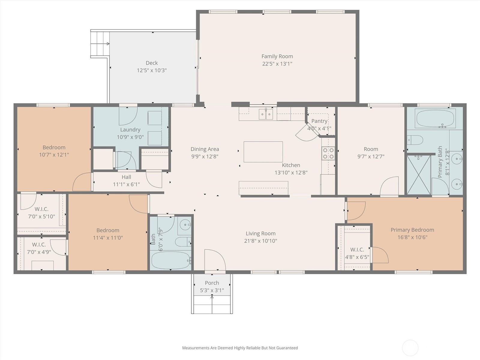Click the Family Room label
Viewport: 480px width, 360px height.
277,56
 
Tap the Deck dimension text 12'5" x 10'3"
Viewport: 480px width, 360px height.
152,70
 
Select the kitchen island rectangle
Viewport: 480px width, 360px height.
263,152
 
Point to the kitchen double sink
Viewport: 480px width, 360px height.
266,114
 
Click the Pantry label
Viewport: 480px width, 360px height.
319,121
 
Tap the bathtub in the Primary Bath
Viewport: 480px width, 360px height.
435,118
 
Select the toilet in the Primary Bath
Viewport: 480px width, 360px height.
415,140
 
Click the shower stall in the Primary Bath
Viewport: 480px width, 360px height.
418,175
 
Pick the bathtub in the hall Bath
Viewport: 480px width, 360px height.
171,260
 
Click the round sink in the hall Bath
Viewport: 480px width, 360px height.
185,225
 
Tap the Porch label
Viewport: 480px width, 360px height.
212,283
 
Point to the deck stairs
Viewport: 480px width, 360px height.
100,44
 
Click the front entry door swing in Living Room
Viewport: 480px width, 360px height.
215,260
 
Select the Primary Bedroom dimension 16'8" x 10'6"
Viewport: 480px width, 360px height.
412,237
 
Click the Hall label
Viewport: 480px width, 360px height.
126,177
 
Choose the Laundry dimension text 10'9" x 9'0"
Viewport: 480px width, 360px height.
130,137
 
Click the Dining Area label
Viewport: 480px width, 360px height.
205,149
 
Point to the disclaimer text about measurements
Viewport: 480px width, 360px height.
240,348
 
